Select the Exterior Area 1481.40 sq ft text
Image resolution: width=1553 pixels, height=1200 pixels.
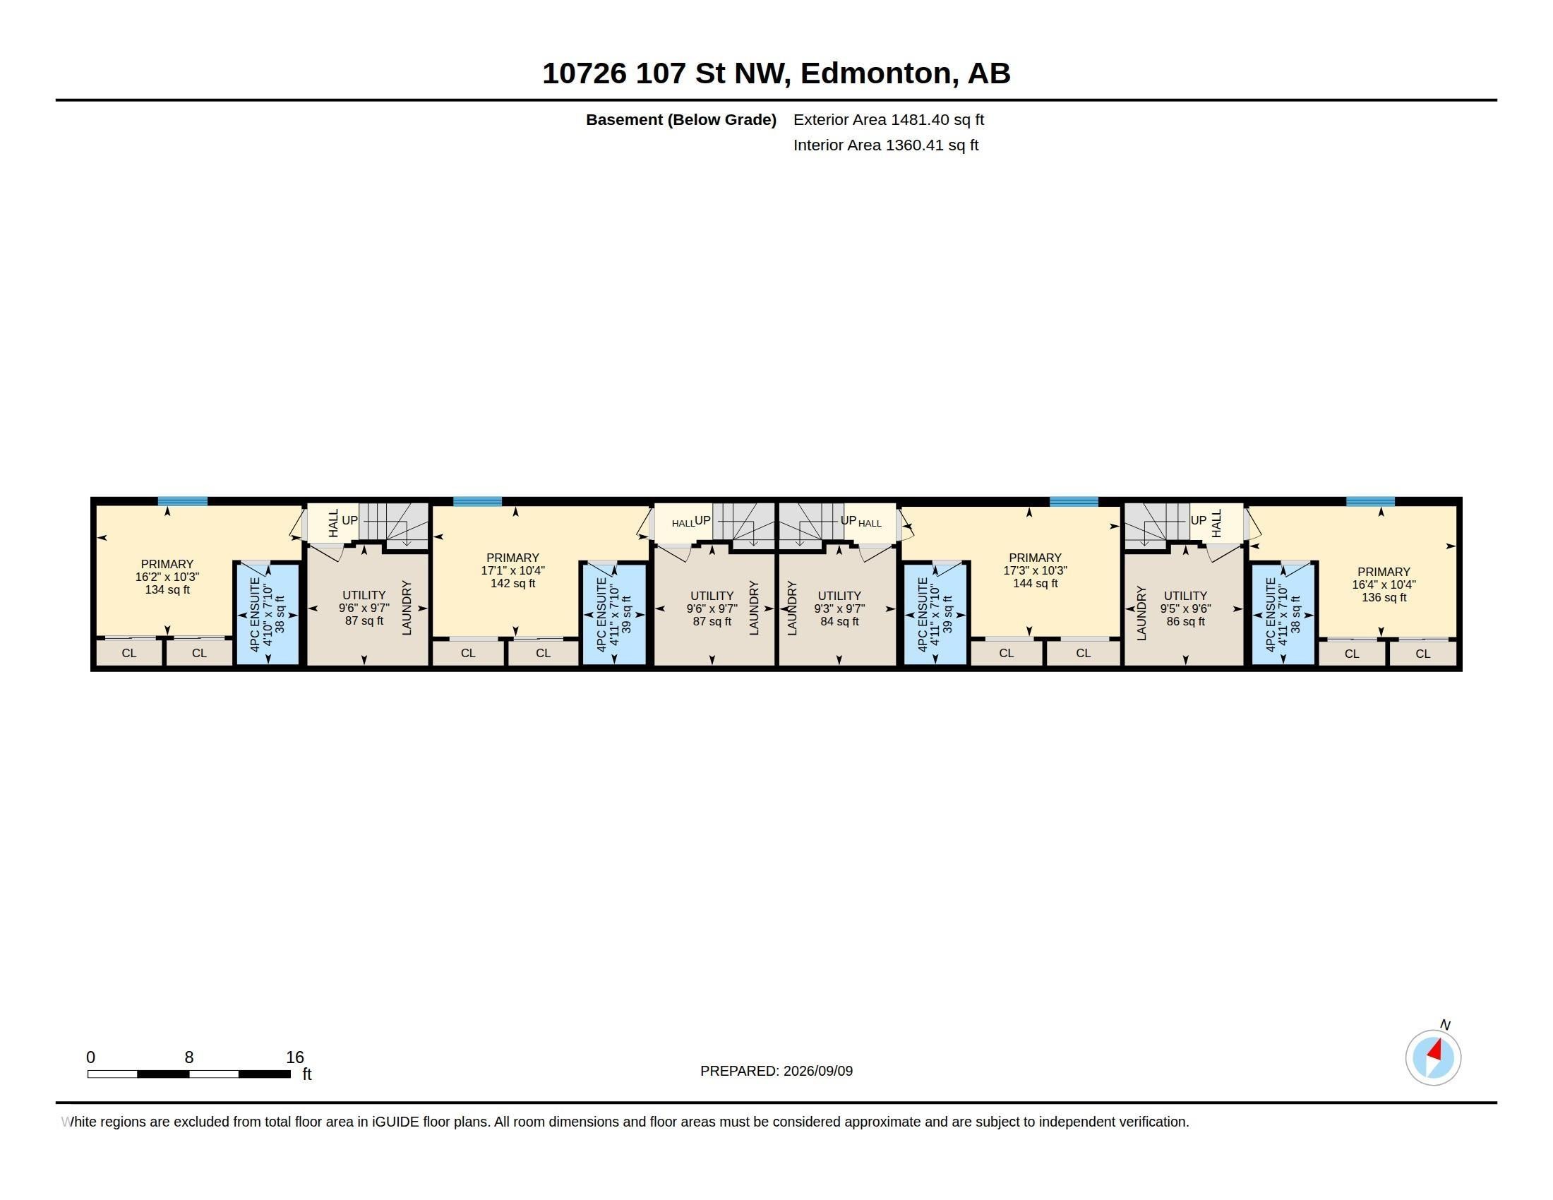[x=888, y=119]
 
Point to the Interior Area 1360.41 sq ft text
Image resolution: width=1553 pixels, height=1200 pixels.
[x=885, y=145]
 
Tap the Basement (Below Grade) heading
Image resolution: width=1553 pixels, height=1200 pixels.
[x=680, y=119]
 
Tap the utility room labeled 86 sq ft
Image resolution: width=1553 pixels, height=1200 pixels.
[x=1185, y=608]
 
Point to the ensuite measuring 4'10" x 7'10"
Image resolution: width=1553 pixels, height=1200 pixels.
[x=268, y=614]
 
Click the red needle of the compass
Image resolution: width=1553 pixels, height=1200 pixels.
[x=1435, y=1050]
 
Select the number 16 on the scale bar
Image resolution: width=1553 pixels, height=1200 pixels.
[x=294, y=1057]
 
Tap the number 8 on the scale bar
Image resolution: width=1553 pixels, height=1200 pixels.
[x=189, y=1057]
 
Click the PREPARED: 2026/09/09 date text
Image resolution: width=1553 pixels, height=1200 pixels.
[x=776, y=1071]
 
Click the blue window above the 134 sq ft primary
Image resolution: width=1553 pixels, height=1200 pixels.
[x=183, y=501]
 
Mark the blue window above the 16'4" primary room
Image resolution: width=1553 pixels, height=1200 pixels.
[x=1370, y=501]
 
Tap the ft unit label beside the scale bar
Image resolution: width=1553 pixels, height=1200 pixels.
[x=307, y=1074]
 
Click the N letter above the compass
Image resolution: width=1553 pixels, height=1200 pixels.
[x=1445, y=1024]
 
